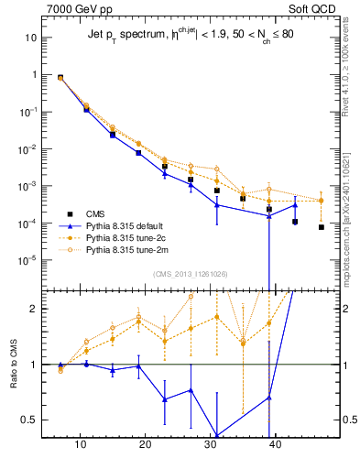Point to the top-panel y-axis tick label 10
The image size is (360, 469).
click(x=30, y=38)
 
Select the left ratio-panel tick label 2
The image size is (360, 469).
click(x=37, y=309)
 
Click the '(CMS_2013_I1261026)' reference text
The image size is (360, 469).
click(x=191, y=274)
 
